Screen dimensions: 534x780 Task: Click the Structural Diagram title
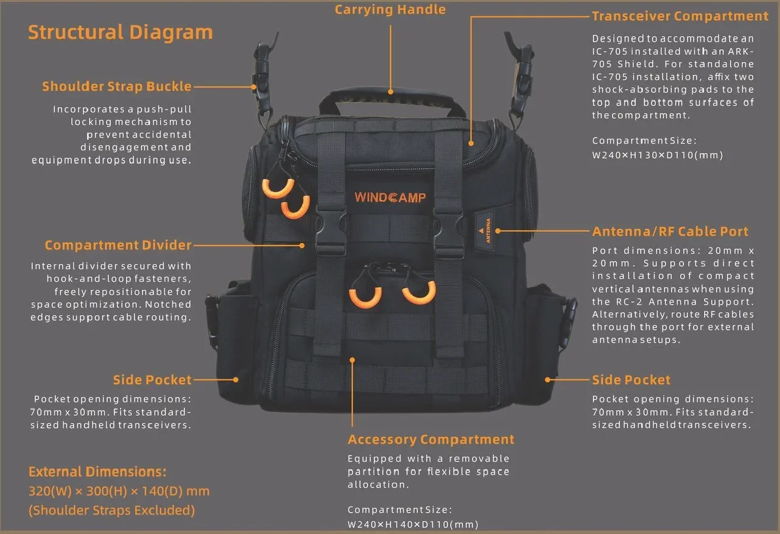121,32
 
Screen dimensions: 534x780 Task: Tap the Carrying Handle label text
390,10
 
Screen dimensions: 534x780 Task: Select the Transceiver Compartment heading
680,16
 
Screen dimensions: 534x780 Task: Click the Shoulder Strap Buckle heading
117,86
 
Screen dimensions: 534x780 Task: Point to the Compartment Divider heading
118,245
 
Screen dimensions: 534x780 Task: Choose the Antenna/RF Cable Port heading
670,231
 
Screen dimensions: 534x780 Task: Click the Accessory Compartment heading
431,440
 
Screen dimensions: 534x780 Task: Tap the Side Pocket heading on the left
152,380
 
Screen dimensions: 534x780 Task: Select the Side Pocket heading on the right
631,380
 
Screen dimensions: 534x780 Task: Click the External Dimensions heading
97,472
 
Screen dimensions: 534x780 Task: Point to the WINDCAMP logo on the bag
390,197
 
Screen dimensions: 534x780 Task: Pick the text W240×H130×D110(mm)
657,155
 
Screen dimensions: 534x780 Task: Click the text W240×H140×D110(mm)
413,524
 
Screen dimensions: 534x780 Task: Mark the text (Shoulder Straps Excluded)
111,510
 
